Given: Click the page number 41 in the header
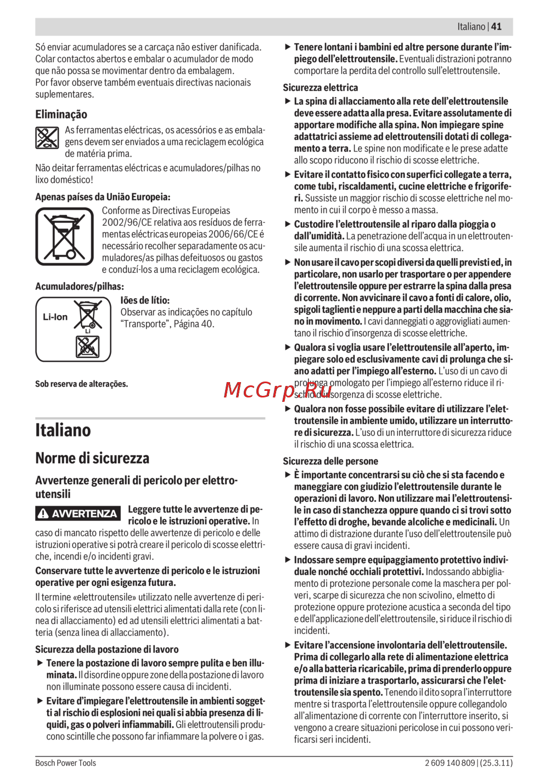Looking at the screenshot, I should click(x=496, y=26).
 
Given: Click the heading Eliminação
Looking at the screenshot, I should click(x=61, y=114).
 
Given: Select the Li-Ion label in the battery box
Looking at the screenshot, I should click(x=55, y=317).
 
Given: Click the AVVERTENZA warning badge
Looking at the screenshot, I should click(x=78, y=514).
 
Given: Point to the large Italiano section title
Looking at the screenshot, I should click(x=63, y=430).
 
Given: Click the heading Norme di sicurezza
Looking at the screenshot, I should click(x=92, y=458).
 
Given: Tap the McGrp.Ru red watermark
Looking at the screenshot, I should click(x=278, y=390).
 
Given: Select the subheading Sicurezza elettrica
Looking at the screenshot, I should click(x=320, y=87).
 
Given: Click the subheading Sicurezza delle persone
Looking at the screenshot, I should click(x=330, y=461).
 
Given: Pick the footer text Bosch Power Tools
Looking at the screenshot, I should click(x=65, y=763).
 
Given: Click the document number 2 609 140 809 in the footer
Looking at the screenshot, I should click(x=450, y=763).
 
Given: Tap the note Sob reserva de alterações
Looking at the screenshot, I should click(x=81, y=384).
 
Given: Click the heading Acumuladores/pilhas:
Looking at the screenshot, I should click(x=80, y=286).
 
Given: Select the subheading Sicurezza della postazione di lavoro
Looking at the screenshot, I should click(x=107, y=649).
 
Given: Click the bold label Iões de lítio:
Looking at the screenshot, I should click(x=145, y=300).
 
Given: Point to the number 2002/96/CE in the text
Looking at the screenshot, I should click(x=125, y=222).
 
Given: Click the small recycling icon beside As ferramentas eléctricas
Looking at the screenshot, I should click(x=47, y=138).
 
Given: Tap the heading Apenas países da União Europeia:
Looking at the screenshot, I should click(x=103, y=197).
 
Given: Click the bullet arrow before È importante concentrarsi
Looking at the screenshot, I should click(x=288, y=475).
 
